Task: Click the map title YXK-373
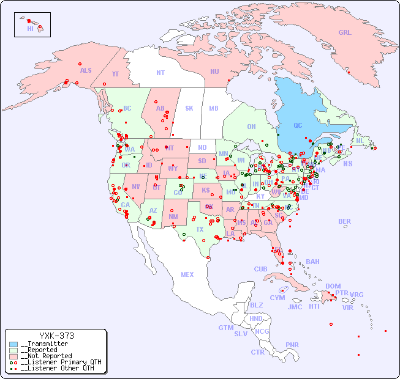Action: (56, 336)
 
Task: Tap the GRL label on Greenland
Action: (345, 32)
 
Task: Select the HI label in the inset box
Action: (30, 29)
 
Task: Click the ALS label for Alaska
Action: (86, 70)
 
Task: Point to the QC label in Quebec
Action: (298, 126)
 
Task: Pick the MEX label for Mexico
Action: (187, 274)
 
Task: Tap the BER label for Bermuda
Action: (344, 221)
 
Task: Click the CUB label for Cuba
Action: (260, 269)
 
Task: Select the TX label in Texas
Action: (200, 229)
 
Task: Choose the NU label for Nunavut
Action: (214, 72)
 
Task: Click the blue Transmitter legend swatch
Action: (13, 344)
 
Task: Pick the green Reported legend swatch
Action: (13, 350)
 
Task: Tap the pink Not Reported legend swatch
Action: (13, 356)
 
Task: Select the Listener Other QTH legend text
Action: (58, 368)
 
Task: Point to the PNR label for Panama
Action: (292, 345)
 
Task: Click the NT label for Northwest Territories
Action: (160, 73)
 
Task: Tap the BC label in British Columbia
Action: (127, 108)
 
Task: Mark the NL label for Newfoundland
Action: (360, 140)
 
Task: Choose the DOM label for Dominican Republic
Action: (333, 286)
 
